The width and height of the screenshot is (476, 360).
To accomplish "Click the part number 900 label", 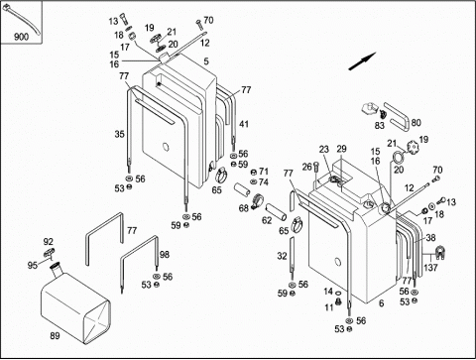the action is click(21, 37).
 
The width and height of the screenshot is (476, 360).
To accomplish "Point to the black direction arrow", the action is click(362, 61).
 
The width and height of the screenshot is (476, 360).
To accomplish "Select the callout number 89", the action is click(55, 336).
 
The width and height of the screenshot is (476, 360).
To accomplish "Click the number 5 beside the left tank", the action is click(206, 61).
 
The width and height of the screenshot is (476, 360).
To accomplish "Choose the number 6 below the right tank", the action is click(381, 303).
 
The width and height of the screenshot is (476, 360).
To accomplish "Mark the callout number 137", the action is click(430, 268).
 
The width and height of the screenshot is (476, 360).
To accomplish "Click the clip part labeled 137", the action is click(439, 252).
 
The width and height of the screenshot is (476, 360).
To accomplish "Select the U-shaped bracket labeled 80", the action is click(397, 116).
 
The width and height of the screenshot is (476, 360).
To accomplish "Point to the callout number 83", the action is click(380, 126).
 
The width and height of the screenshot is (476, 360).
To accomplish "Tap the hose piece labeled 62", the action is click(277, 212).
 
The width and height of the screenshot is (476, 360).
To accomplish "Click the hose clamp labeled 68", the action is click(257, 201).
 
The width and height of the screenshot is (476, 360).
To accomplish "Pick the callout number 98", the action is click(165, 254).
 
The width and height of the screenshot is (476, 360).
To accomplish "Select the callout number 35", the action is click(120, 134).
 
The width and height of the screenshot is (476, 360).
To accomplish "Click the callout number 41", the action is click(244, 124).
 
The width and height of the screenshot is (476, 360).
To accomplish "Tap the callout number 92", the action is click(49, 242).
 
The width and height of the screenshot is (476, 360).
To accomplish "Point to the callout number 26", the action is click(307, 167).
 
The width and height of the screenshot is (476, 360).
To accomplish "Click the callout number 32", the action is click(282, 256).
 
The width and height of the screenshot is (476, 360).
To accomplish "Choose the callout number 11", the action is click(329, 307).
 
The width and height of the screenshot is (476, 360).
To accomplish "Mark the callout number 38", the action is click(430, 238).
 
